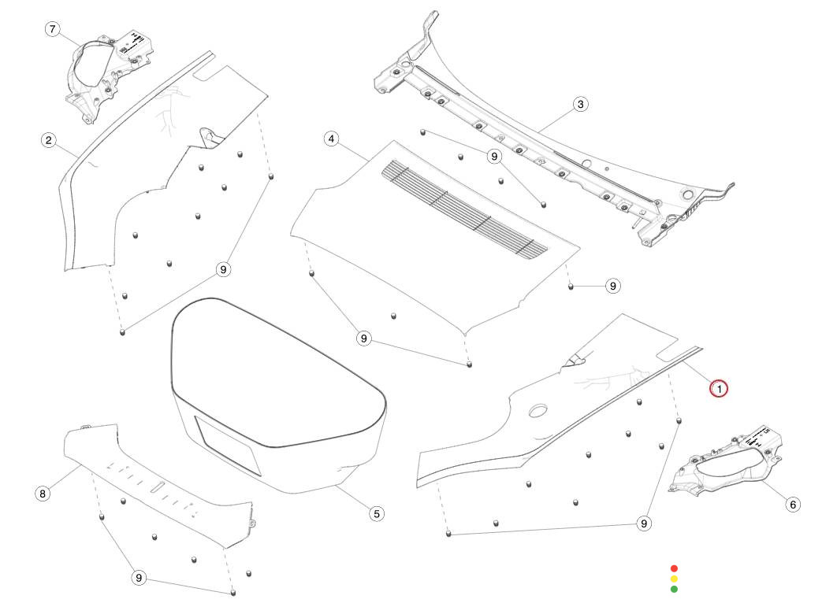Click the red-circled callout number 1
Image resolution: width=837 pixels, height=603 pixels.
point(719,388)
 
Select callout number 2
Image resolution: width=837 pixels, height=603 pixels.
point(49,140)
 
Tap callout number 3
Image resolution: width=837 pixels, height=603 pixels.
point(580,104)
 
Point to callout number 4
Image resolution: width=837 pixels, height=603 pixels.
point(332,139)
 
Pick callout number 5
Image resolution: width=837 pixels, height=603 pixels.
point(376,513)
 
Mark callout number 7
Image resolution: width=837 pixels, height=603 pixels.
point(52,30)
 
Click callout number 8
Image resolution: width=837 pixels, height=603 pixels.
point(43,494)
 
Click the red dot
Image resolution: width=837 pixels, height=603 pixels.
point(674,568)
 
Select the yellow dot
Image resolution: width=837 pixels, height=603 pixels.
point(674,579)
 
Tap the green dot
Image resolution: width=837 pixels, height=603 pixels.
point(674,589)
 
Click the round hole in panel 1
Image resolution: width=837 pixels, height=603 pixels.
point(540,410)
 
